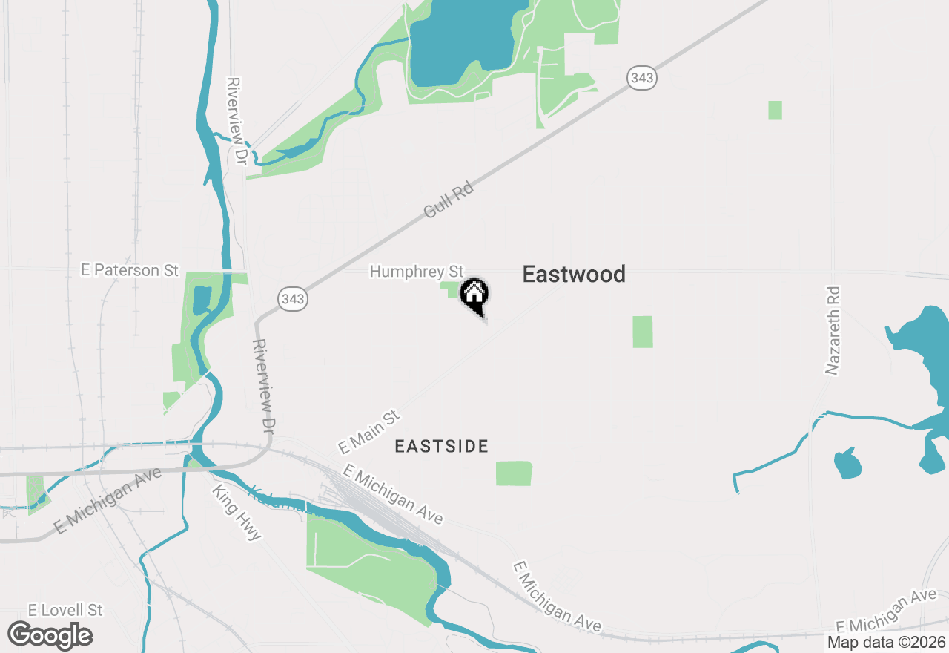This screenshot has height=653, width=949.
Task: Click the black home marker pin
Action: point(474,295)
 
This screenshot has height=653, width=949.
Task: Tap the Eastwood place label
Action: point(574,275)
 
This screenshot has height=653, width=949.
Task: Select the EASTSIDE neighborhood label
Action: point(441,446)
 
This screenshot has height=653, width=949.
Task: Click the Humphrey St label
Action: point(416,272)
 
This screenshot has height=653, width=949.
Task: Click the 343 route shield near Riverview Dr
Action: point(293,299)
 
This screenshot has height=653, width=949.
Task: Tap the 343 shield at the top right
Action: point(641,77)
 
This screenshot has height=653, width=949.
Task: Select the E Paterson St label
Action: point(130,270)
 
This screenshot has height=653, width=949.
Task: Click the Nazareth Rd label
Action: point(833,330)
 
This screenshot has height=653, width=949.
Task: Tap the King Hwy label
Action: point(237,513)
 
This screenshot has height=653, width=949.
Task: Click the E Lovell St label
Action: point(65,610)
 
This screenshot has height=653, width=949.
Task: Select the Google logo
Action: point(50,636)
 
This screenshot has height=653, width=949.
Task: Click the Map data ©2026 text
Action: point(886,642)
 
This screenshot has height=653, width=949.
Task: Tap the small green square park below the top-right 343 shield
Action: point(775,111)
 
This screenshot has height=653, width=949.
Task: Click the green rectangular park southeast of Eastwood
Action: point(643,332)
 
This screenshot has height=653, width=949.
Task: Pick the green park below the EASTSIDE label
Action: point(514,473)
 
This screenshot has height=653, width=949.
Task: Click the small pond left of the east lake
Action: point(847,463)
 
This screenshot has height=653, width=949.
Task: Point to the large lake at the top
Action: point(460,45)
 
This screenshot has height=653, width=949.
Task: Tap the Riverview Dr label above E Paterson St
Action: point(237,120)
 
